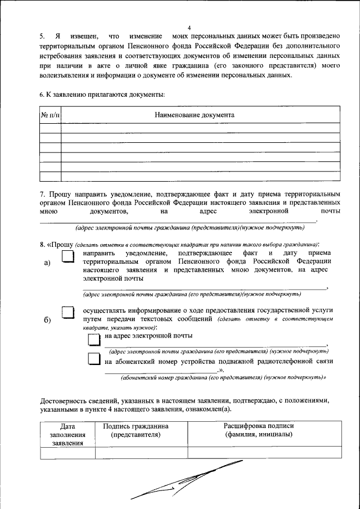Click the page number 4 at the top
(190, 28)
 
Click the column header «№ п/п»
(51, 115)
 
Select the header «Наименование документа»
(195, 115)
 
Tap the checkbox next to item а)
(67, 257)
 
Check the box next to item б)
(67, 313)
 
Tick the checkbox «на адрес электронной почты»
(94, 337)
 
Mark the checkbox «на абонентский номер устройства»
(94, 360)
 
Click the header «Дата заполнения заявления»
(69, 434)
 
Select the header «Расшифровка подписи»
(258, 426)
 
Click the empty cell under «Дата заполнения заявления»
(69, 453)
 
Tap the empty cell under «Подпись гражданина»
(141, 453)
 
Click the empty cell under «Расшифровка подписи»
(264, 453)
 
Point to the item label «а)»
(47, 263)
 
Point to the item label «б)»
(47, 320)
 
